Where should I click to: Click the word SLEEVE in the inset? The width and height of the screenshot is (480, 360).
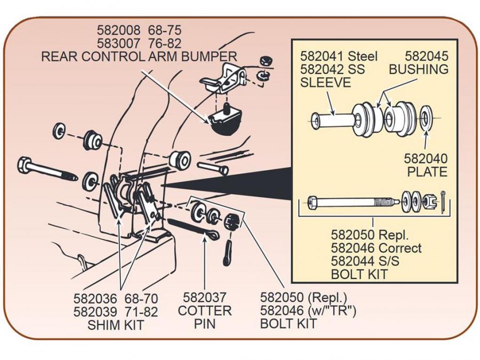pos(325,83)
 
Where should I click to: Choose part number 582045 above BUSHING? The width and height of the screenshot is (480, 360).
pos(427,56)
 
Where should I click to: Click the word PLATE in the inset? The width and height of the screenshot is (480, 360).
pos(427,172)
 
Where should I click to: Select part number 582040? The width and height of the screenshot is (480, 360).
pos(426,158)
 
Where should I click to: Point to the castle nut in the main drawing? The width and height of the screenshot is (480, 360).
pos(231,220)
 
